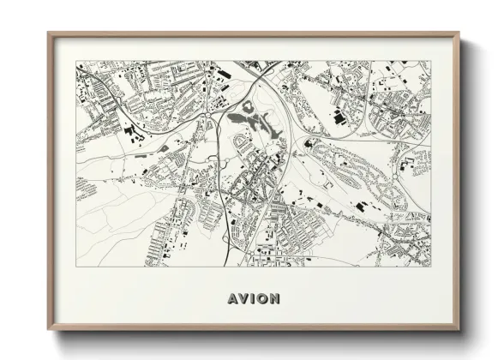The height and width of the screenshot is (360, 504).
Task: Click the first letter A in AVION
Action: (x=233, y=299)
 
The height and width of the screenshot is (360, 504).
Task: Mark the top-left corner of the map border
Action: (x=75, y=61)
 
